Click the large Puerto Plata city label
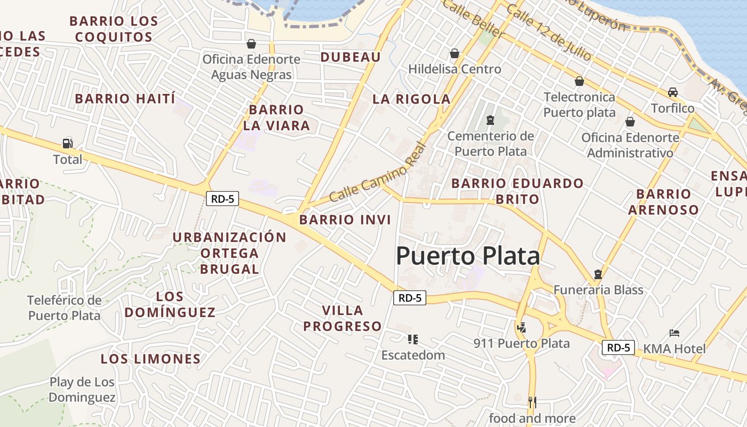pyautogui.click(x=467, y=256)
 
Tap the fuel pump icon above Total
pyautogui.click(x=68, y=143)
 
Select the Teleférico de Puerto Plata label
pyautogui.click(x=64, y=307)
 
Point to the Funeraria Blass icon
pyautogui.click(x=598, y=274)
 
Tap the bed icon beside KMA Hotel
pyautogui.click(x=674, y=333)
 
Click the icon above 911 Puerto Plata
pyautogui.click(x=521, y=327)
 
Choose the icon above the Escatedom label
pyautogui.click(x=412, y=339)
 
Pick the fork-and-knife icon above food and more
pyautogui.click(x=532, y=402)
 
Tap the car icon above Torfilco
pyautogui.click(x=673, y=92)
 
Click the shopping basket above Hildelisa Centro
pyautogui.click(x=455, y=53)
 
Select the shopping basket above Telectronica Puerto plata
pyautogui.click(x=579, y=81)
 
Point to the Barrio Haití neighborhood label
pyautogui.click(x=125, y=99)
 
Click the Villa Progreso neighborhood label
pyautogui.click(x=343, y=318)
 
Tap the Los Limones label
pyautogui.click(x=150, y=359)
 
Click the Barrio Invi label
pyautogui.click(x=345, y=219)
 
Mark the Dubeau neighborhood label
pyautogui.click(x=351, y=57)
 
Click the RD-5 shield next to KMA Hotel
pyautogui.click(x=618, y=347)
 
